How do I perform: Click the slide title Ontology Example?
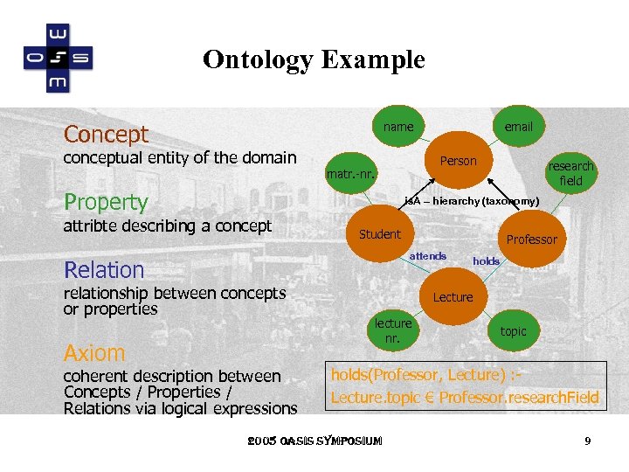click(314, 59)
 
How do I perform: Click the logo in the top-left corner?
click(57, 59)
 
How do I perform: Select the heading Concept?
click(107, 135)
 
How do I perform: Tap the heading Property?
click(107, 202)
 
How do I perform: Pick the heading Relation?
click(104, 270)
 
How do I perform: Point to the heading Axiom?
click(94, 353)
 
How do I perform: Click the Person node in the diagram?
click(458, 161)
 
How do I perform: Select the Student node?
click(380, 234)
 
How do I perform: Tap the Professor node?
click(531, 239)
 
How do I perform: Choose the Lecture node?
click(453, 297)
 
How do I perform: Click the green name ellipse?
click(398, 127)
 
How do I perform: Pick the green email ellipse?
click(518, 127)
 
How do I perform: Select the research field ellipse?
click(570, 173)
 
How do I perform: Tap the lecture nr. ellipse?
click(393, 330)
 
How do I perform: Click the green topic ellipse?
click(513, 331)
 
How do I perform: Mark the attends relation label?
click(428, 256)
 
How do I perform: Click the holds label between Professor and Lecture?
click(486, 261)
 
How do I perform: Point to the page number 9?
click(588, 441)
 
